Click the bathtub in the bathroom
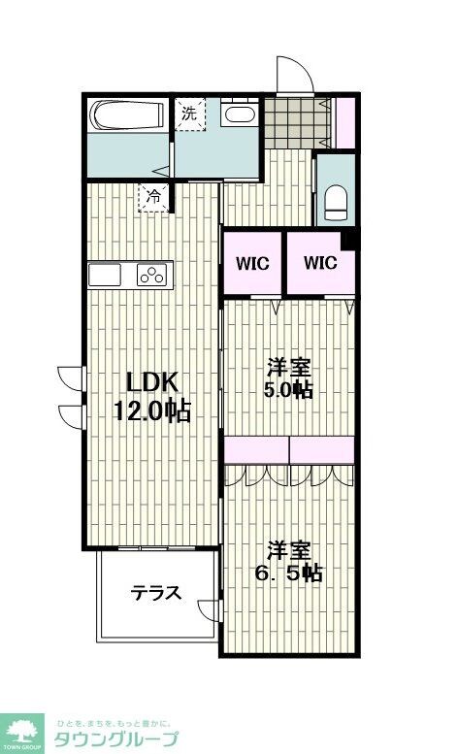point(127,116)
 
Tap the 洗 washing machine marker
point(190,112)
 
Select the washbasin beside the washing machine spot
point(238,115)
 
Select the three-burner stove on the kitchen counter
point(152,276)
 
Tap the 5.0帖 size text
point(289,391)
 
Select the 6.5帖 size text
point(288,573)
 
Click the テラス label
point(155,593)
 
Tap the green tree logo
point(24,732)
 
